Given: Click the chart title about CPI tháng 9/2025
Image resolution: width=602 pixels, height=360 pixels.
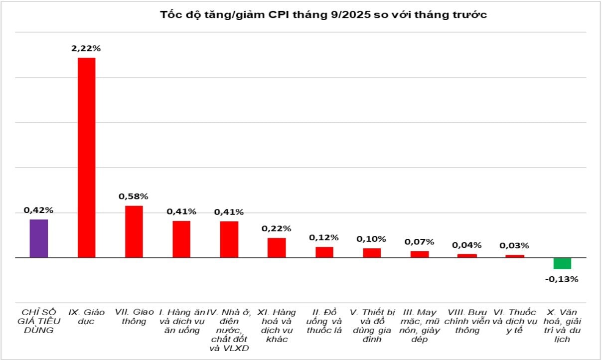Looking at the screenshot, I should (323, 14).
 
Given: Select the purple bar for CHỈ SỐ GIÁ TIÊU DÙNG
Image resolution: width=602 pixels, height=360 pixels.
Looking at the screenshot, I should (39, 238).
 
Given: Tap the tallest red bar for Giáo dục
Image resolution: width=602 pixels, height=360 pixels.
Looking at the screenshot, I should (86, 158).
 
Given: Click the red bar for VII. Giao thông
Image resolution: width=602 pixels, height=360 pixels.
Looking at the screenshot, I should (134, 231).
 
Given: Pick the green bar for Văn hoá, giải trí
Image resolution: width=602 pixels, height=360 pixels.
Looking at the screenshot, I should (562, 263).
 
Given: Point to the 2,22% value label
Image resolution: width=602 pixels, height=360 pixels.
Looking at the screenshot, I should (86, 48).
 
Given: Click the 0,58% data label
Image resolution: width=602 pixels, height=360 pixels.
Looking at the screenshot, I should (134, 196).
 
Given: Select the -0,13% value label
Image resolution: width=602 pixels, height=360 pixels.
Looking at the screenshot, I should (562, 279).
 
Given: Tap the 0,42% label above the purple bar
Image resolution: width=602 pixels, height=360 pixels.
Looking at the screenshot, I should (38, 210).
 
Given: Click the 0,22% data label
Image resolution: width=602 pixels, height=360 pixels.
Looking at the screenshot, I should (277, 228).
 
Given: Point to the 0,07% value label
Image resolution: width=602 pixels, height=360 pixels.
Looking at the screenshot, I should (419, 242).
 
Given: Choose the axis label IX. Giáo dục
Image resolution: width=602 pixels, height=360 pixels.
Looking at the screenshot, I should (86, 317).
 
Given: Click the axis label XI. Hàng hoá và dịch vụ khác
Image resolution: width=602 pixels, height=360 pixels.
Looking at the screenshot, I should (277, 326).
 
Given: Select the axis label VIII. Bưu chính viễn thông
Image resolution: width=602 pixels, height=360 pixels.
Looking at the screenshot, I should (467, 321).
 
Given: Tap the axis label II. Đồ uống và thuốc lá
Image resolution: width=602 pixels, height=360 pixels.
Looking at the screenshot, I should (324, 321).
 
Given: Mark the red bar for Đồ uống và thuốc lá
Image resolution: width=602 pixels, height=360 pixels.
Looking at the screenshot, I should (324, 252).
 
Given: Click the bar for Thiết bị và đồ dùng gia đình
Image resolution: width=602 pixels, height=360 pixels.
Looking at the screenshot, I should (372, 253).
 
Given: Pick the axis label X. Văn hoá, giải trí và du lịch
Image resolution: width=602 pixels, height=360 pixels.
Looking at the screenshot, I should (562, 326).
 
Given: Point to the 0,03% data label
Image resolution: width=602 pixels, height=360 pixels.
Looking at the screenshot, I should (514, 245).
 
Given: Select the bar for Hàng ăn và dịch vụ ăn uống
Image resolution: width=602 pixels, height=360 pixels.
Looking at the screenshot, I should (181, 239).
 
